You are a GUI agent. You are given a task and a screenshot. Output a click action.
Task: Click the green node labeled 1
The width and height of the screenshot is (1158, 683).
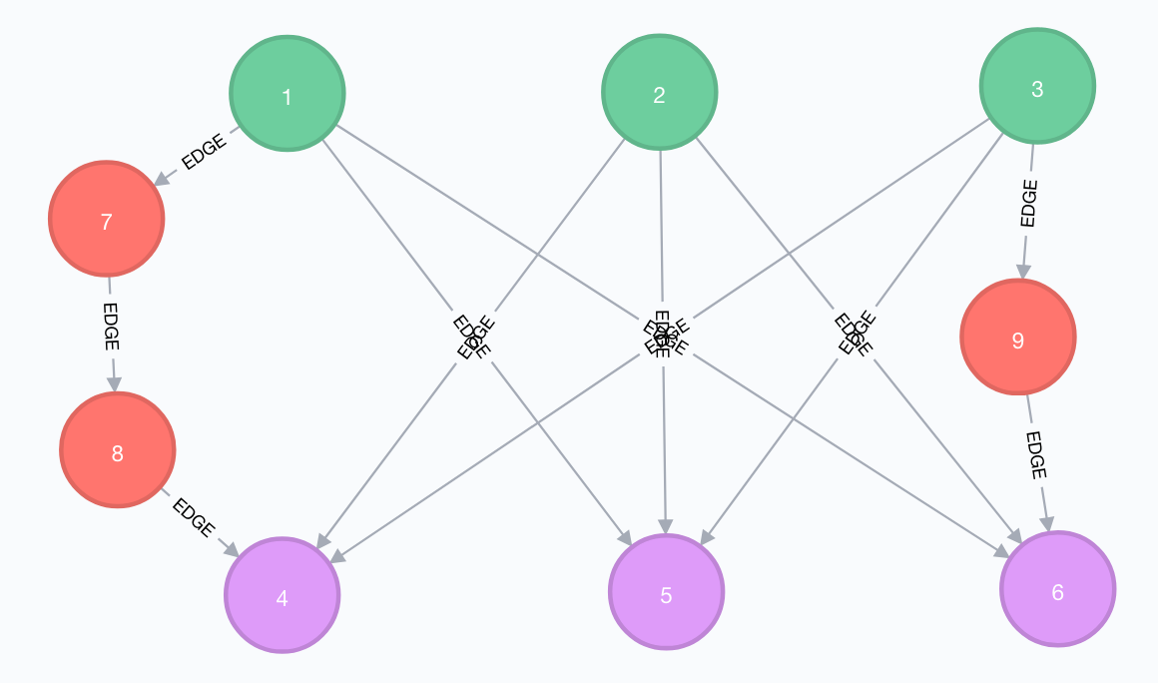288,94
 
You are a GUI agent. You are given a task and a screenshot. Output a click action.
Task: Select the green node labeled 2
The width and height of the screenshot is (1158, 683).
659,93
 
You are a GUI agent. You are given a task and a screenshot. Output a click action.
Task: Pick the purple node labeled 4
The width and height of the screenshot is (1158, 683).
283,595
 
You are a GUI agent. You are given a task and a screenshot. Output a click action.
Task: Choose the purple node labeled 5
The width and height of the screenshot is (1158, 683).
666,592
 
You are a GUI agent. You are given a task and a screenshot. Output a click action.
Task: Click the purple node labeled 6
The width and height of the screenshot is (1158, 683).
1057,589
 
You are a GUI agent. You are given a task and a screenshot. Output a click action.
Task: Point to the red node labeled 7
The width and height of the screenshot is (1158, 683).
106,219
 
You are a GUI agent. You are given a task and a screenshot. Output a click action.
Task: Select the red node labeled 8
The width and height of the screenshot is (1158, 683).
118,450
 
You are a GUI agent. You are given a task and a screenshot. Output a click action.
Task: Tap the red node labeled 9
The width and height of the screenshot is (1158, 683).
1017,338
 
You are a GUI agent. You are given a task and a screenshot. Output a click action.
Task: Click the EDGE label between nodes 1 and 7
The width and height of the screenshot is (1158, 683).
204,152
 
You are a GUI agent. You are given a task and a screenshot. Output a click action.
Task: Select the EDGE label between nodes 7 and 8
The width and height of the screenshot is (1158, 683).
111,326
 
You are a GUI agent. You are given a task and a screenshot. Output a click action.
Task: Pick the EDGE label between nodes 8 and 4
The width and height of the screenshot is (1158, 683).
193,518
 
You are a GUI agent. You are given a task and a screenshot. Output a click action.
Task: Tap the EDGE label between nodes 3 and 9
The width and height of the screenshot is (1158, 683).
1029,204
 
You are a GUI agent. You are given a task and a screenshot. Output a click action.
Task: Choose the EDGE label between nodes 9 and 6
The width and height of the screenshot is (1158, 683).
1036,456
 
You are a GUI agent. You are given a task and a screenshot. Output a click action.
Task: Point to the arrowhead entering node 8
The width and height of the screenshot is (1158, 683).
114,383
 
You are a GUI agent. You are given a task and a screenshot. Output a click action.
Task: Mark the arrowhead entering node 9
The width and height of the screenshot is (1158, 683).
1022,271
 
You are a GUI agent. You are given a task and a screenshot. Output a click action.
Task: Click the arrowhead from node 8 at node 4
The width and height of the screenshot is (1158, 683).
231,550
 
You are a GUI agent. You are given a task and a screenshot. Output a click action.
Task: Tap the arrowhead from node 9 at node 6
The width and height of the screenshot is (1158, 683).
1047,523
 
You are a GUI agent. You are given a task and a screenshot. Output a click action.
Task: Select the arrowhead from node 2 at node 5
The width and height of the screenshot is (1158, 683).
665,525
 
